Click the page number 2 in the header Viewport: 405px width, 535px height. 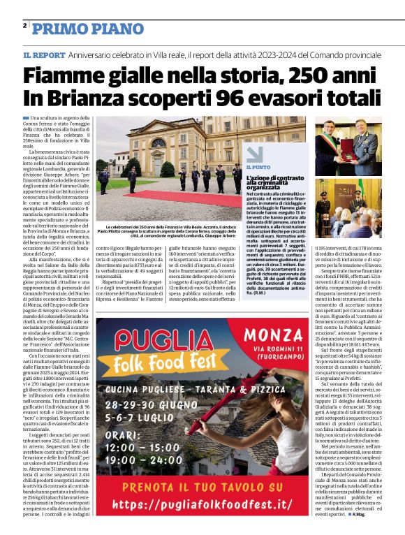click(24, 26)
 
